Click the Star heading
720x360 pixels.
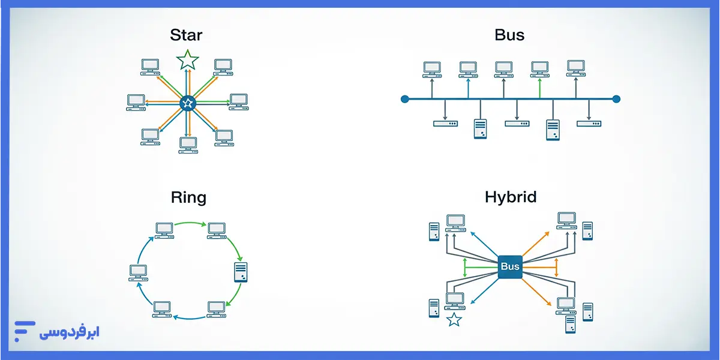(186, 35)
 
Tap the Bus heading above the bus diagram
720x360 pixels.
(509, 35)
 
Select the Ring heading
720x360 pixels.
(188, 197)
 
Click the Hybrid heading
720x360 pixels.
(511, 197)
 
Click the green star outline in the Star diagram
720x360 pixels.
(188, 60)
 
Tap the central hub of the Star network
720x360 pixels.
(188, 103)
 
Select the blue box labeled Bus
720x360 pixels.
(510, 266)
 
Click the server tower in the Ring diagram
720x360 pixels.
(241, 272)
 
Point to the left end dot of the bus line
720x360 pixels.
(405, 99)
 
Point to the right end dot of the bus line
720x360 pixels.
(616, 99)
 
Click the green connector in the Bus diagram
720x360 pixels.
(540, 88)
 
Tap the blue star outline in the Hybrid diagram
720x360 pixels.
(454, 319)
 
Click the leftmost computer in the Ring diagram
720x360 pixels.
(138, 273)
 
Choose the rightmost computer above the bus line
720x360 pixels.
(576, 67)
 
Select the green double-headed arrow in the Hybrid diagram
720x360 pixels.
(466, 267)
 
